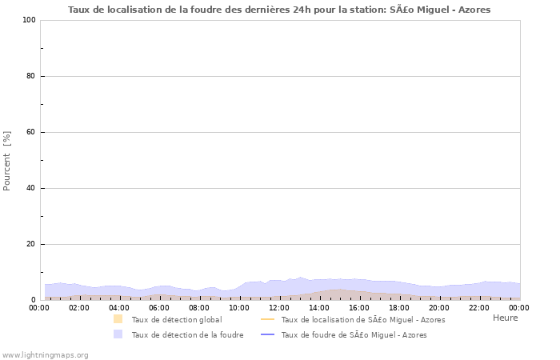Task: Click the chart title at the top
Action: (x=279, y=10)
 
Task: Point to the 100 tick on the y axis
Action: (x=30, y=20)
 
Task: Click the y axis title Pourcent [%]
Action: (x=7, y=160)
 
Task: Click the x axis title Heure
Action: (x=505, y=318)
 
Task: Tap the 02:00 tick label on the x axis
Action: (x=79, y=307)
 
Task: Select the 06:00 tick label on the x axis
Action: (x=159, y=307)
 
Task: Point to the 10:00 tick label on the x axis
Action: (x=239, y=307)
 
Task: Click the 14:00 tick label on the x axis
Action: (x=319, y=307)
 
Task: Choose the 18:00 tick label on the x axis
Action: (x=399, y=307)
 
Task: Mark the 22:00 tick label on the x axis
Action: (x=479, y=307)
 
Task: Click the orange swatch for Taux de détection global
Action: (x=118, y=319)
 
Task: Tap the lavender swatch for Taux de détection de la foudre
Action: (x=118, y=334)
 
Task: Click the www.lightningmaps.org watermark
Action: (x=45, y=354)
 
